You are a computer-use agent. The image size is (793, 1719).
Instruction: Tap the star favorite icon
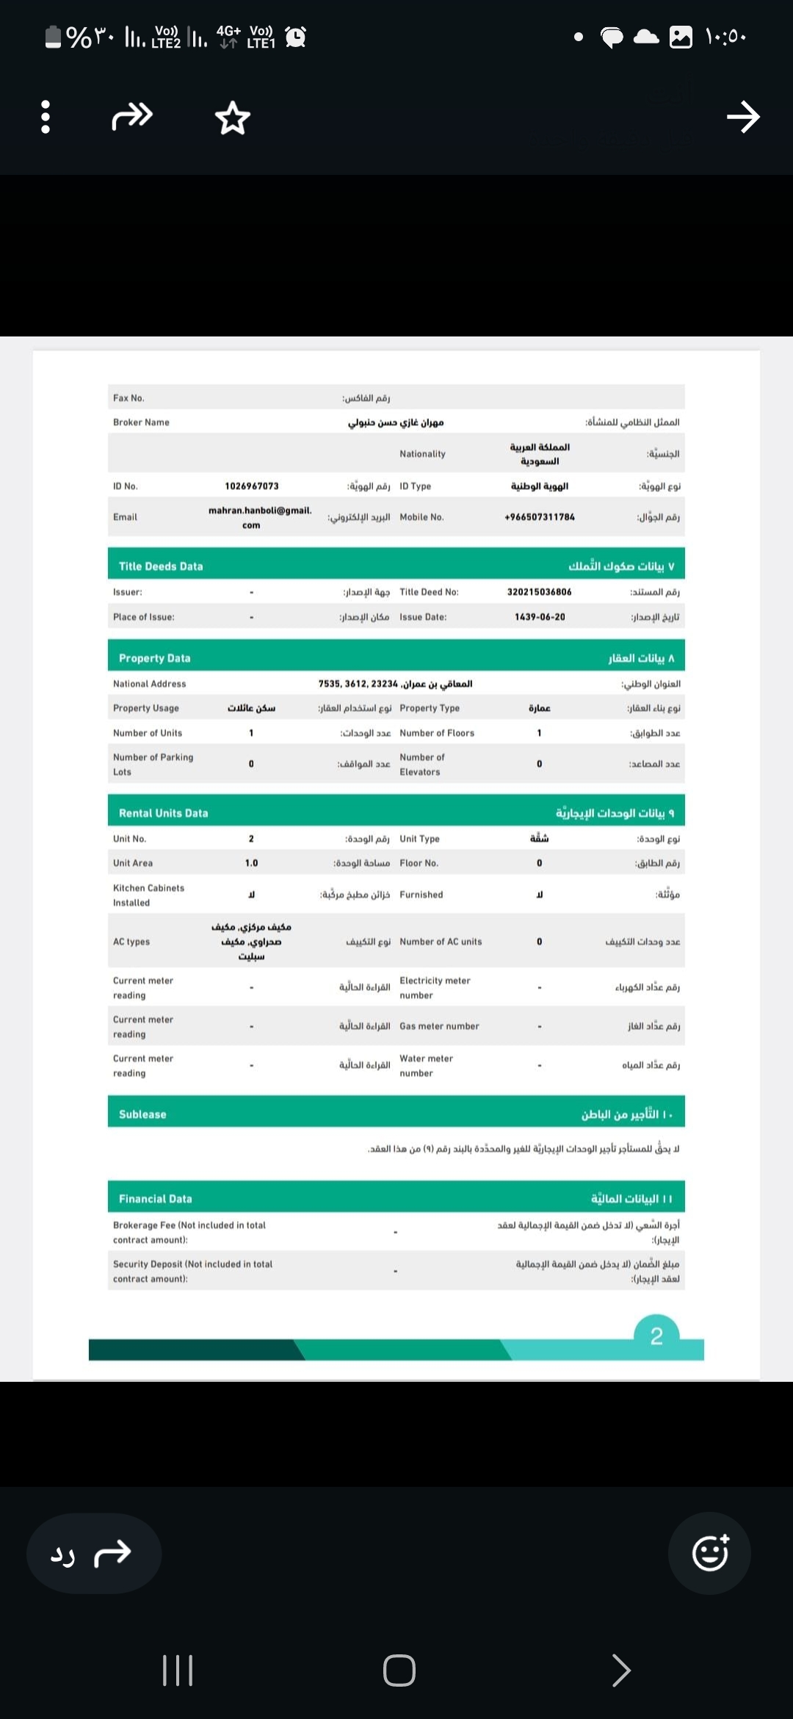pyautogui.click(x=233, y=118)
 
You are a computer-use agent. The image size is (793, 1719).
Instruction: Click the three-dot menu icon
pyautogui.click(x=46, y=117)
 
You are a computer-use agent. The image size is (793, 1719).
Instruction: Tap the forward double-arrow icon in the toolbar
pyautogui.click(x=132, y=116)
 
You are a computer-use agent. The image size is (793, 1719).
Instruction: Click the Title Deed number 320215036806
pyautogui.click(x=539, y=592)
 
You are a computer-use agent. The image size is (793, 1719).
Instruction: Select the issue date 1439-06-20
pyautogui.click(x=540, y=617)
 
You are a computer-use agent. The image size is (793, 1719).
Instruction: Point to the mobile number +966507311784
pyautogui.click(x=540, y=517)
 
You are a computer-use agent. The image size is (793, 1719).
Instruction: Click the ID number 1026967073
pyautogui.click(x=252, y=486)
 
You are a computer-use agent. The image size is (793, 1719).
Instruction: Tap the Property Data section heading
pyautogui.click(x=155, y=658)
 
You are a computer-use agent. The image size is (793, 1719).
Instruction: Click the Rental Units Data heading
pyautogui.click(x=164, y=813)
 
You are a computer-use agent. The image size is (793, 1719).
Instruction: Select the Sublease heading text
pyautogui.click(x=142, y=1114)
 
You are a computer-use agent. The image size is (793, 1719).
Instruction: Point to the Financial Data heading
pyautogui.click(x=156, y=1199)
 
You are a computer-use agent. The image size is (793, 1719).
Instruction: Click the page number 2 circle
pyautogui.click(x=656, y=1336)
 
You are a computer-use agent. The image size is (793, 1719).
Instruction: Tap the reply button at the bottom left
pyautogui.click(x=93, y=1554)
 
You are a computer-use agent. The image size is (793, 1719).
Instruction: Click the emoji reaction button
pyautogui.click(x=710, y=1553)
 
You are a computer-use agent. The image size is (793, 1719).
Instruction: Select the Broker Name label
pyautogui.click(x=141, y=422)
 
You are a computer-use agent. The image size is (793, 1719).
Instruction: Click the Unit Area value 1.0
pyautogui.click(x=251, y=863)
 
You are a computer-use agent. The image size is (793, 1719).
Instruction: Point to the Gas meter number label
pyautogui.click(x=439, y=1026)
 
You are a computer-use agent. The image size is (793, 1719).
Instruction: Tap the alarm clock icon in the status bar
pyautogui.click(x=295, y=36)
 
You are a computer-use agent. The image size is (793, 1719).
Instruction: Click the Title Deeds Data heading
pyautogui.click(x=161, y=566)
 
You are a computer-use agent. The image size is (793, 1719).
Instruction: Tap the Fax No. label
pyautogui.click(x=128, y=398)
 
